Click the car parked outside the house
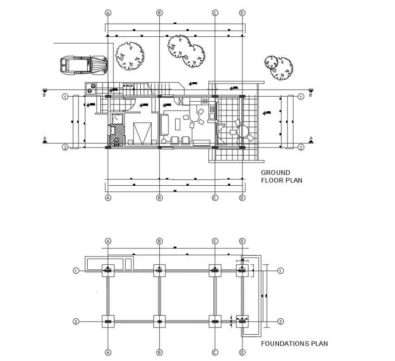click(84, 64)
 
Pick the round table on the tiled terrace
click(243, 132)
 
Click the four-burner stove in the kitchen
click(205, 100)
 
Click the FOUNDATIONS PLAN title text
click(294, 344)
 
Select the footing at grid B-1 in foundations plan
click(159, 271)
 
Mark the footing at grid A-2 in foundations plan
click(108, 321)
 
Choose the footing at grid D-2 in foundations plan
click(242, 321)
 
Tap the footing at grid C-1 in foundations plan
click(215, 271)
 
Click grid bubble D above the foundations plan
click(242, 241)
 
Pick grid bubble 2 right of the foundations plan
click(280, 321)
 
